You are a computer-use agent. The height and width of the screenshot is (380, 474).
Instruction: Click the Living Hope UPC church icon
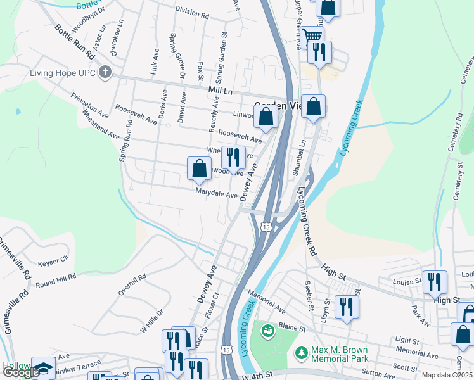(x=105, y=72)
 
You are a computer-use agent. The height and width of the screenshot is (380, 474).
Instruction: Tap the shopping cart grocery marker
(x=312, y=37)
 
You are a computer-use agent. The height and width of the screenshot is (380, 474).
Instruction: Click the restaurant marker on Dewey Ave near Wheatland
(x=233, y=156)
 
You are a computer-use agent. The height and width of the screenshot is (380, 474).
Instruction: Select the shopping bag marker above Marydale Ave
(x=199, y=168)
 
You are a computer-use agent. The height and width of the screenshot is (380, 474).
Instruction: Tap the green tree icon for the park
(x=302, y=351)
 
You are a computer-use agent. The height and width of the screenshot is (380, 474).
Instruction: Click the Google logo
(x=21, y=372)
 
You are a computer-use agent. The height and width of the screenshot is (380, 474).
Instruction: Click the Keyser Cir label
(x=53, y=260)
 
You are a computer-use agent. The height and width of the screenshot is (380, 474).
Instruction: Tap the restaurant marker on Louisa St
(x=435, y=281)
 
